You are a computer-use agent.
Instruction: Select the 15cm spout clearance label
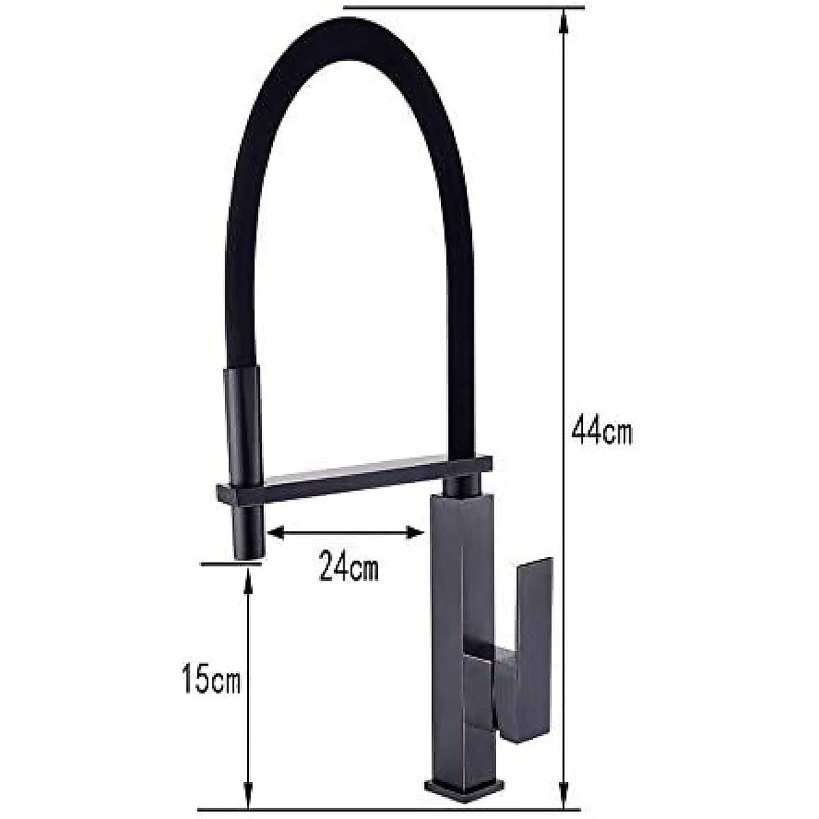tap(212, 682)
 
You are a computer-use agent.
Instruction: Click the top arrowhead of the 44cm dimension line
tap(563, 20)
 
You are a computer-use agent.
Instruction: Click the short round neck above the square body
tap(461, 485)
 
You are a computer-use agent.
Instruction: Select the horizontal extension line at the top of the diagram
tap(464, 8)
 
